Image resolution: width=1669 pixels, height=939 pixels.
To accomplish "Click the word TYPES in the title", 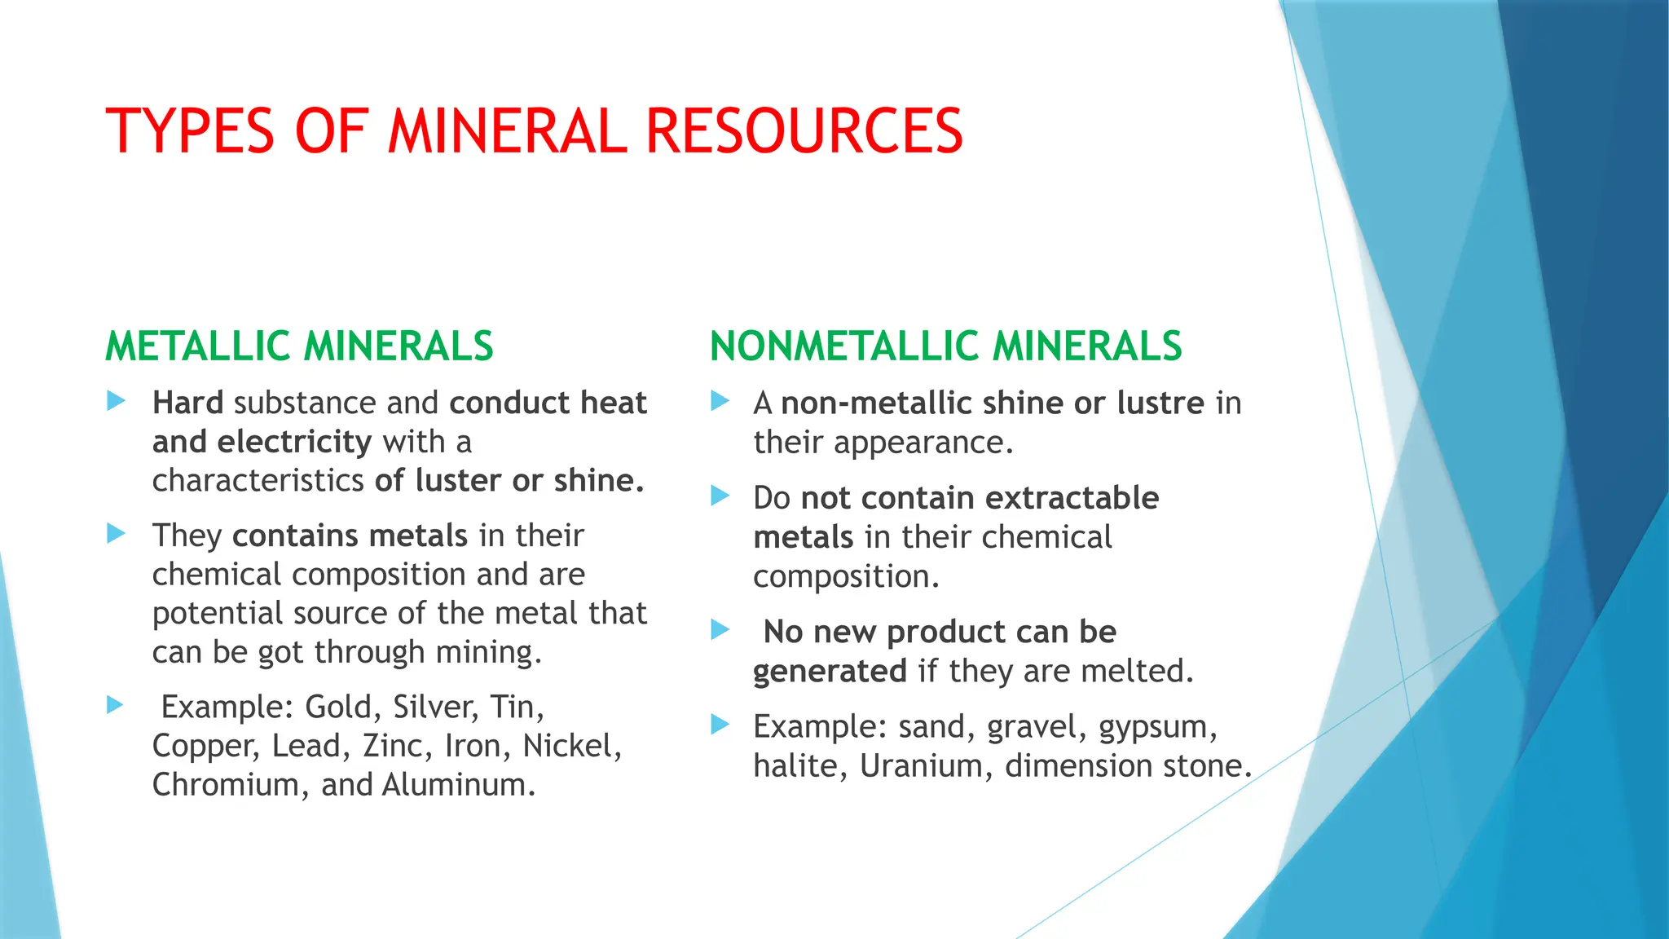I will coord(190,131).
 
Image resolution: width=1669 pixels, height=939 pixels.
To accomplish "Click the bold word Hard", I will coord(187,403).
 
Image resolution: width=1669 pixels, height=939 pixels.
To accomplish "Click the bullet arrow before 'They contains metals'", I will coord(117,534).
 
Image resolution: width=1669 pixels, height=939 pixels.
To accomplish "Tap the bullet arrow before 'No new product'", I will coord(720,629).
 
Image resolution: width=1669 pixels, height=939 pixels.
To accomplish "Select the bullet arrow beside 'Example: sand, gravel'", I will coord(720,724).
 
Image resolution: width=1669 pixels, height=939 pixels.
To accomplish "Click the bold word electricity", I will coord(294,442).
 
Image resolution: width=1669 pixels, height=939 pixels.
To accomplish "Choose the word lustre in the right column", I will coord(1160,403).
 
